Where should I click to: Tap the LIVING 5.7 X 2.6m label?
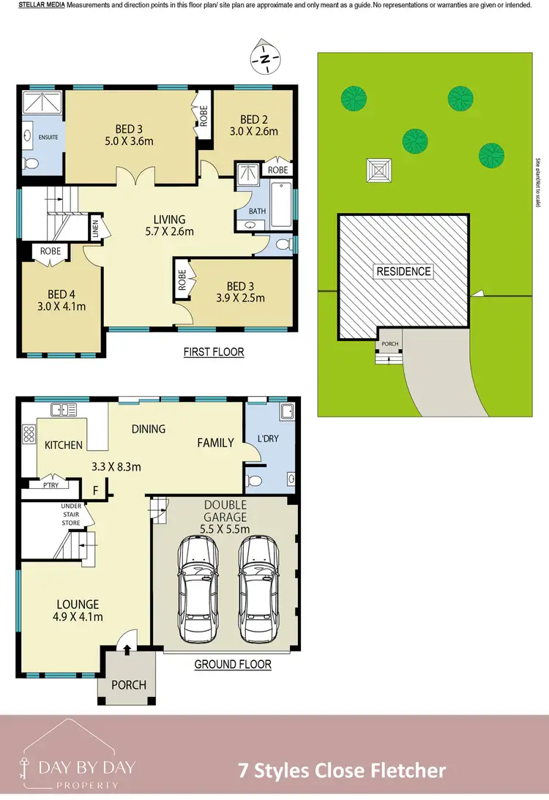(x=168, y=225)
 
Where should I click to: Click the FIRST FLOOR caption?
(x=214, y=352)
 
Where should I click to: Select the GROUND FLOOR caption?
(x=233, y=665)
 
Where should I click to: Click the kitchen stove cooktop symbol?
(x=30, y=434)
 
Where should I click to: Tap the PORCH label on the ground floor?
(x=128, y=685)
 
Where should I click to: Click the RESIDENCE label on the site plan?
(x=403, y=272)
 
